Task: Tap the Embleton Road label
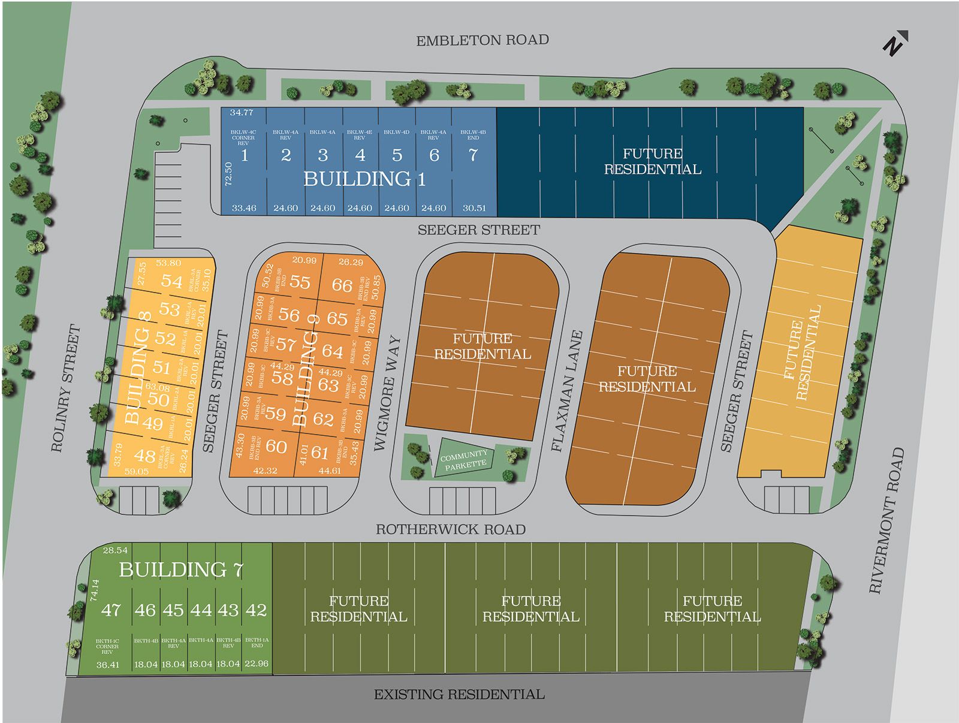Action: pyautogui.click(x=482, y=41)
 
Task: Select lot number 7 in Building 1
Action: pyautogui.click(x=473, y=155)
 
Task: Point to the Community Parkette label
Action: pyautogui.click(x=465, y=460)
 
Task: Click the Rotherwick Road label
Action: pyautogui.click(x=450, y=529)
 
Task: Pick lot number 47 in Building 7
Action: pyautogui.click(x=111, y=610)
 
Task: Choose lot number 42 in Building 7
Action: pyautogui.click(x=256, y=610)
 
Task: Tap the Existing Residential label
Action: pyautogui.click(x=459, y=695)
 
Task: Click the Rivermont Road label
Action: pyautogui.click(x=886, y=520)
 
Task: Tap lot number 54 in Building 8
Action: pyautogui.click(x=171, y=281)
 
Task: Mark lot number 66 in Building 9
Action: pyautogui.click(x=342, y=285)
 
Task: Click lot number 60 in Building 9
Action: pyautogui.click(x=276, y=446)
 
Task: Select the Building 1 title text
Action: pyautogui.click(x=364, y=179)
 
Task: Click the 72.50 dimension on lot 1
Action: pyautogui.click(x=228, y=174)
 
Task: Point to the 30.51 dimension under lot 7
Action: pyautogui.click(x=474, y=208)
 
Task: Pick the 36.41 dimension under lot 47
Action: pyautogui.click(x=107, y=664)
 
